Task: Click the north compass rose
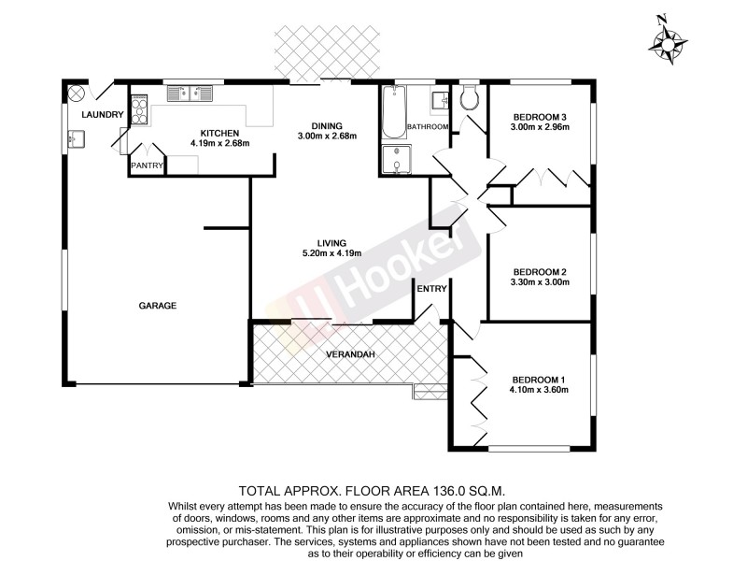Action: click(668, 41)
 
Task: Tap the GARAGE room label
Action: click(158, 306)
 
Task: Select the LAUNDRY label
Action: click(102, 114)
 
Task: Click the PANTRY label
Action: click(148, 166)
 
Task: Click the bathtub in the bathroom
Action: click(392, 113)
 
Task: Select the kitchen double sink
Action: click(190, 93)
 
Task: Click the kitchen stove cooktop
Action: click(138, 111)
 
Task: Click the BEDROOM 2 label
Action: click(540, 272)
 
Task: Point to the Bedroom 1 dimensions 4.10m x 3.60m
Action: click(539, 390)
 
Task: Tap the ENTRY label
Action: click(432, 289)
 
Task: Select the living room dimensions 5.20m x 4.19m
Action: click(331, 253)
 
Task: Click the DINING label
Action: click(327, 126)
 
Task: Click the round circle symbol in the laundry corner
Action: click(77, 93)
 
